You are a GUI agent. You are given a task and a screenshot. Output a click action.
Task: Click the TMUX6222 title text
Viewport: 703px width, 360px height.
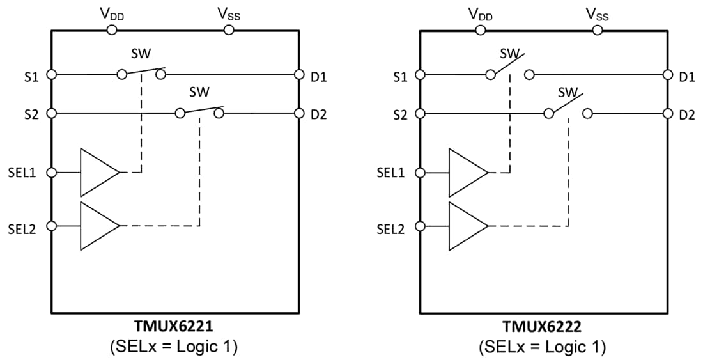[543, 327]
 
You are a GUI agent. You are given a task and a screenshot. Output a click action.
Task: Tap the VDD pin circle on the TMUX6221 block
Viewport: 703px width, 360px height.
[111, 29]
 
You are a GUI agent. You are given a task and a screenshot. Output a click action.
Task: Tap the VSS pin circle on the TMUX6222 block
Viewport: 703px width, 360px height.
[597, 29]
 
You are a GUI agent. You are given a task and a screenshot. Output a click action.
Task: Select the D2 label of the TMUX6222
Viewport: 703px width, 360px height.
[687, 116]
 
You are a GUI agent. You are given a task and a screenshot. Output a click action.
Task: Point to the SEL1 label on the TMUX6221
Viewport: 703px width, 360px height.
[22, 173]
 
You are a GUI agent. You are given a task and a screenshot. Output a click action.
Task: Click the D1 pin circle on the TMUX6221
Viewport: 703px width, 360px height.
[298, 75]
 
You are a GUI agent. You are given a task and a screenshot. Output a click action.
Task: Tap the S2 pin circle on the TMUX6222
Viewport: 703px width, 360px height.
[421, 114]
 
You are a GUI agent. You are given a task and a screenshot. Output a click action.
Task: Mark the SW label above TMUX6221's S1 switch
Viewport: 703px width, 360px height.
[141, 54]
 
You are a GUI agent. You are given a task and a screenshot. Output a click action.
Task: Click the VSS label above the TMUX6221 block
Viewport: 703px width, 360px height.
[229, 14]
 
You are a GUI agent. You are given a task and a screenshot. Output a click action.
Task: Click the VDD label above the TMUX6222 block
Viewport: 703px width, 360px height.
[480, 14]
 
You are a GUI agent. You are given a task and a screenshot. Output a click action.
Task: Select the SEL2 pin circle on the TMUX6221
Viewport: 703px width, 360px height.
[52, 226]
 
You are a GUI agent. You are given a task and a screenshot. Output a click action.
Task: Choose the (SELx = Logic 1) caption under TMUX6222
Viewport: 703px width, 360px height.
[543, 347]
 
